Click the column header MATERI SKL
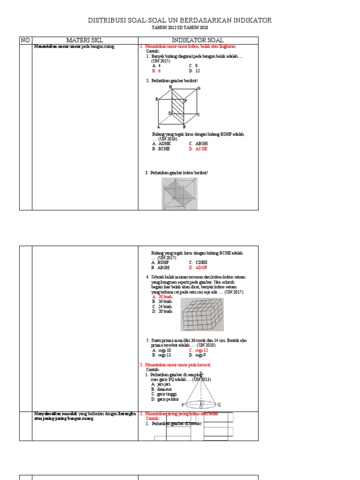84,40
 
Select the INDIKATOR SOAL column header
197,40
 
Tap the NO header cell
25,40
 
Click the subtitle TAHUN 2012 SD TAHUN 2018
180,28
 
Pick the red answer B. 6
157,71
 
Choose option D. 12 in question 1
195,71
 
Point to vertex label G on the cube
199,88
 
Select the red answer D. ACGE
198,149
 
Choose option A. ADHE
161,144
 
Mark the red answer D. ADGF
198,268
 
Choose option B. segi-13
162,355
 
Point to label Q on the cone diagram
219,404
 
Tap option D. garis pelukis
166,399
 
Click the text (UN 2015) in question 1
160,61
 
